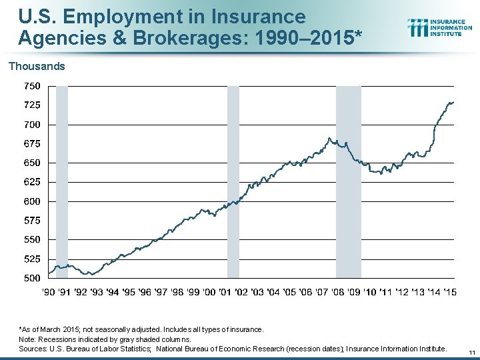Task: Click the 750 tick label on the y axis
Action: tap(32, 86)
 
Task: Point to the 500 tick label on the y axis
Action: tap(32, 277)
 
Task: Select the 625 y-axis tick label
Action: tap(32, 181)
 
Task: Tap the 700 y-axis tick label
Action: tap(32, 124)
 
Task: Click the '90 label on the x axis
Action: tap(49, 292)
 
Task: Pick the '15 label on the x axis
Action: tap(450, 292)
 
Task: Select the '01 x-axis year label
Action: tap(225, 292)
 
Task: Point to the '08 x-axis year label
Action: tap(338, 292)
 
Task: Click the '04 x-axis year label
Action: tap(273, 292)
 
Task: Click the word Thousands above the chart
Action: tap(37, 66)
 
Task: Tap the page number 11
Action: tap(471, 353)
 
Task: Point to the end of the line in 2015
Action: tap(454, 102)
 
